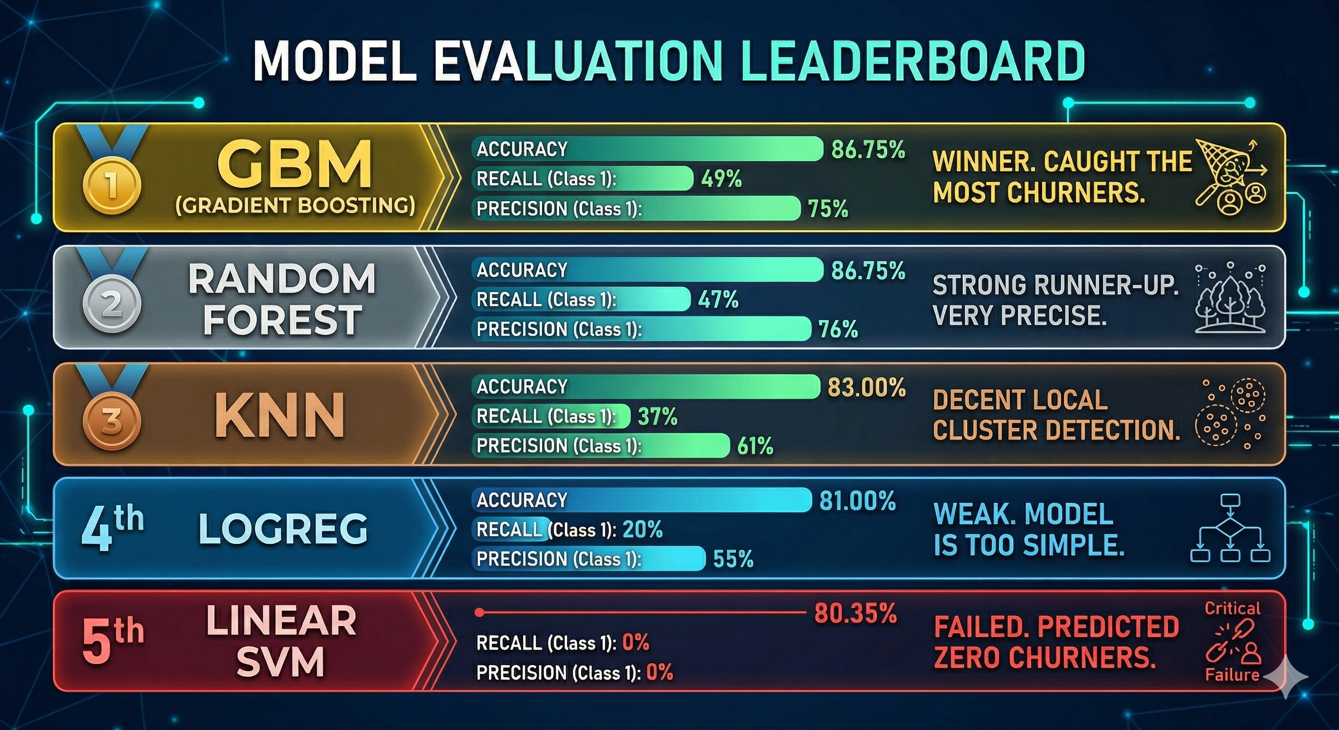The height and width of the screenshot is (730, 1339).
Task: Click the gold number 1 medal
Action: tap(111, 185)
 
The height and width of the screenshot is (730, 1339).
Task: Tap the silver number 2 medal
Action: tap(111, 304)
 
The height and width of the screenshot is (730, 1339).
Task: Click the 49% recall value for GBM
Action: tap(721, 179)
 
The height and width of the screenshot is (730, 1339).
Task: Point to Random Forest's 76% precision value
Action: tap(838, 329)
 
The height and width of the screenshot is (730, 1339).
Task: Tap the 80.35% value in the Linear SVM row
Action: tap(855, 614)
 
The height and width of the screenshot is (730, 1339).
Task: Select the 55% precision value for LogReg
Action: tap(733, 559)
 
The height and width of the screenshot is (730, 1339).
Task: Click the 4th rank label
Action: tap(112, 528)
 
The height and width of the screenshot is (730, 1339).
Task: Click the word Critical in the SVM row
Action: tap(1232, 608)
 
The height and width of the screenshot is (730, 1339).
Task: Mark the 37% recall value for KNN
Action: tap(658, 417)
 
